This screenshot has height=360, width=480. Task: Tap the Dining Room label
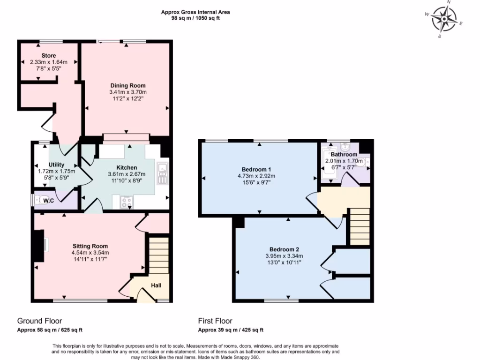[127, 86]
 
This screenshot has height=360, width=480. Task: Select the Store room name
[48, 56]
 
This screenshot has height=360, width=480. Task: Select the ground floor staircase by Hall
[158, 255]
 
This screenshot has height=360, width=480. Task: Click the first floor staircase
[360, 226]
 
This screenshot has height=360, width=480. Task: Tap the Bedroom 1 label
[256, 169]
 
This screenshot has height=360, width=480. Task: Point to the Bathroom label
[344, 154]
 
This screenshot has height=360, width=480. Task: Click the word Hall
[156, 285]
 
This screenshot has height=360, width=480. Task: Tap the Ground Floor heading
[40, 321]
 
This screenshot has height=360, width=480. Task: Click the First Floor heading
[215, 321]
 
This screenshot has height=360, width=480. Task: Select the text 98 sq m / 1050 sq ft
[195, 18]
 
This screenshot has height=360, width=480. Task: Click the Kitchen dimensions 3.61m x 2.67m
[127, 174]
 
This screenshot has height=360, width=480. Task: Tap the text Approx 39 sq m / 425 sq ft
[231, 330]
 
